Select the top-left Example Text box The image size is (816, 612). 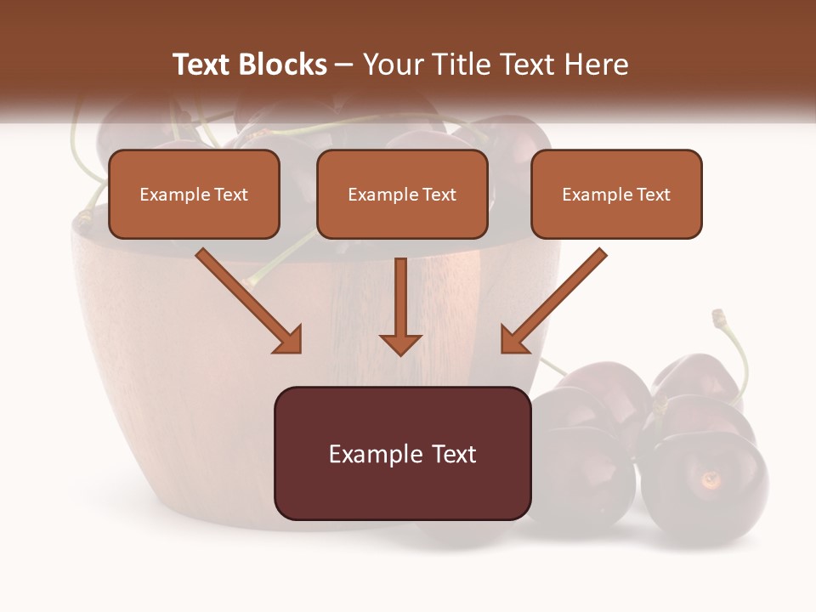194,195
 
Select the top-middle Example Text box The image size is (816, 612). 402,195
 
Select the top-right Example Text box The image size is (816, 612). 616,195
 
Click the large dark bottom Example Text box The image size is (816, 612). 402,454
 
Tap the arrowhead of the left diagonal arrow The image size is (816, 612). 289,340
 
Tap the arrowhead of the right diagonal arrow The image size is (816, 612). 513,340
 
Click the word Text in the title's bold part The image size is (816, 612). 202,65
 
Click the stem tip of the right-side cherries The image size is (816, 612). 718,316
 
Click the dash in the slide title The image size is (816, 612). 344,65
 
